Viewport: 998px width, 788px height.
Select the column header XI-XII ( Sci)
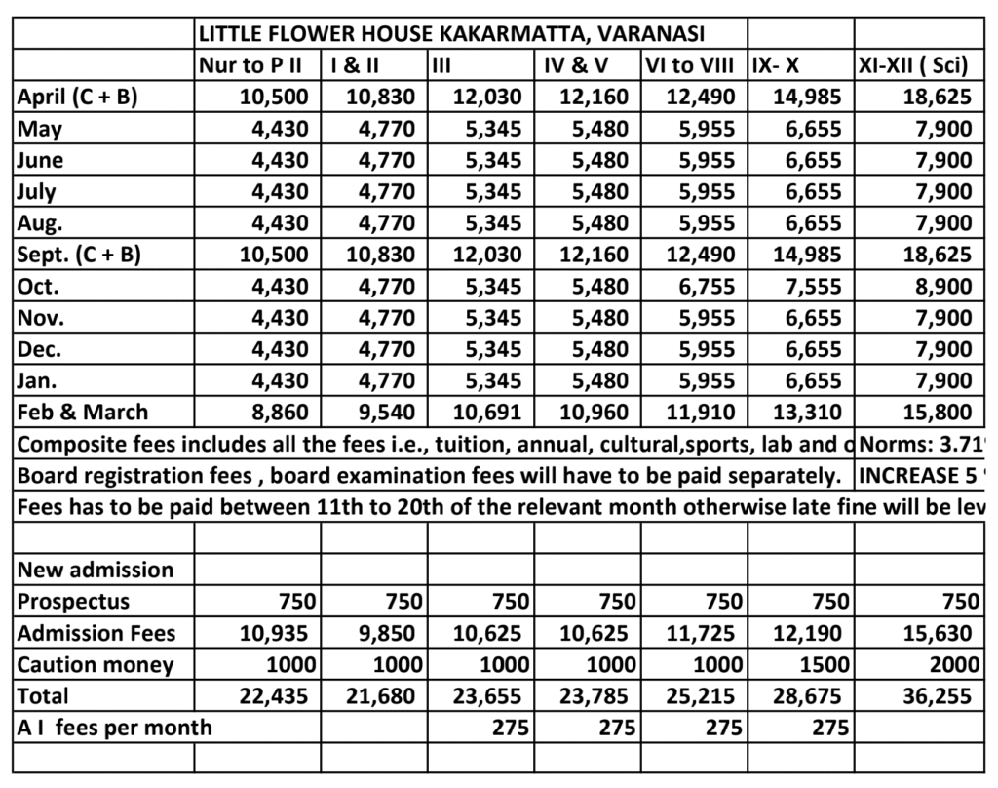tap(913, 66)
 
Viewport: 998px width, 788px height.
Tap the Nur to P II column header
tap(256, 66)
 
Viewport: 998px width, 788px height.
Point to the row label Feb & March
tap(83, 412)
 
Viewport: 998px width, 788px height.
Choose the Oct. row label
tap(38, 286)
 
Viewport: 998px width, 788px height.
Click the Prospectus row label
tap(73, 601)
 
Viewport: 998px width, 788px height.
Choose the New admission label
tap(96, 570)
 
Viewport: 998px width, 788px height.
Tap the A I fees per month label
tap(115, 728)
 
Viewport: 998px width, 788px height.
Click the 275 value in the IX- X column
tap(829, 728)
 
